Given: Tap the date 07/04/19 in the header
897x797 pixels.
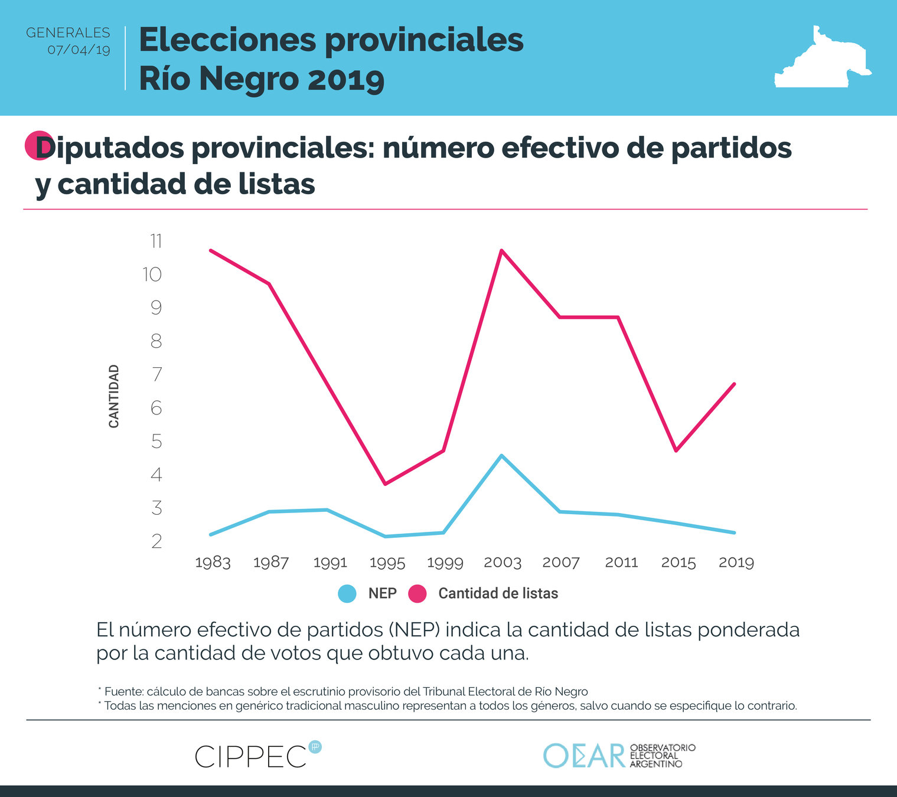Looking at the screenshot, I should click(79, 50).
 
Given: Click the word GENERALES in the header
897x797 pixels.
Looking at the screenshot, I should click(68, 32).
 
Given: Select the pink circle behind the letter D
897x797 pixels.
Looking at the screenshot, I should click(37, 145).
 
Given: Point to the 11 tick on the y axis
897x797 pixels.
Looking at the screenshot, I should click(156, 241).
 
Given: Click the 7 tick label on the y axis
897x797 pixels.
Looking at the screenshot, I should click(156, 374).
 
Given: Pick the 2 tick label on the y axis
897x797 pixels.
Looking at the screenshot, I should click(156, 541).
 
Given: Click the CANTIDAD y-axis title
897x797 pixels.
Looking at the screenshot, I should click(114, 396).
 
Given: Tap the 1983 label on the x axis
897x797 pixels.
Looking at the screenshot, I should click(213, 563).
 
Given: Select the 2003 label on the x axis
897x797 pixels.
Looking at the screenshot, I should click(503, 563).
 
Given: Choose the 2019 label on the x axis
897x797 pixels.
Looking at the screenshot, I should click(736, 563).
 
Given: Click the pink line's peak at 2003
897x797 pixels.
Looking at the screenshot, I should click(501, 250).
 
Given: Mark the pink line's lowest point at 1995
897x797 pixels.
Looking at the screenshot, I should click(385, 484).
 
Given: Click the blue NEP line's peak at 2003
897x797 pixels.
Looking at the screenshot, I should click(501, 455).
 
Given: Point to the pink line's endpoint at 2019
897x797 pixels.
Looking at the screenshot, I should click(734, 384).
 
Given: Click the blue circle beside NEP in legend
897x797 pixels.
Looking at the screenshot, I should click(347, 593).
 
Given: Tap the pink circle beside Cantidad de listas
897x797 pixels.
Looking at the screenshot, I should click(417, 593).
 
